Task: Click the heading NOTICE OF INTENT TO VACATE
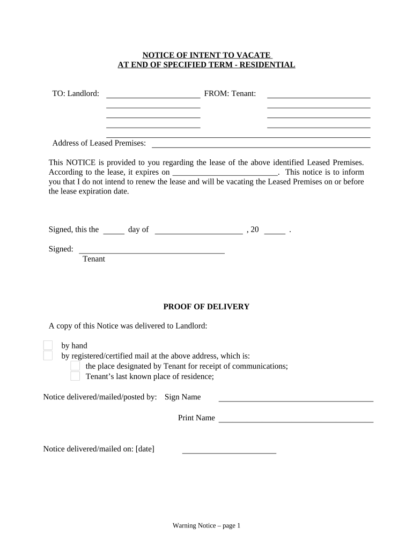206,55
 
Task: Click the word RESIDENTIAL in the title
270,65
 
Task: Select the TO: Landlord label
76,94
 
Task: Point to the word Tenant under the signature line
94,259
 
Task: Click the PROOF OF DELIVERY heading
206,307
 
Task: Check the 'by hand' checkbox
48,345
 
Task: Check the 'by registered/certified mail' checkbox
48,355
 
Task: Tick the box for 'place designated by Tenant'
75,366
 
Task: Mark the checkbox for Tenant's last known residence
75,376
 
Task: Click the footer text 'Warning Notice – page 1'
206,526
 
